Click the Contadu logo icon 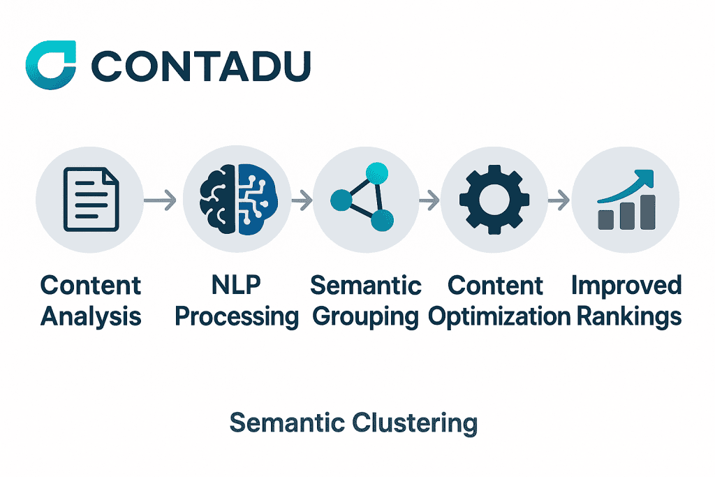pos(50,66)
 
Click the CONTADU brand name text pos(201,67)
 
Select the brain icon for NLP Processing pos(237,200)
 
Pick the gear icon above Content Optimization pos(494,200)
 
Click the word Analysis pos(91,316)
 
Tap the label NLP pos(236,286)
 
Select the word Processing pos(236,317)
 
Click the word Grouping pos(365,317)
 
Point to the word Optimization pos(499,317)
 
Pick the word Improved pos(626,286)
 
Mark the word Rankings pos(628,317)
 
